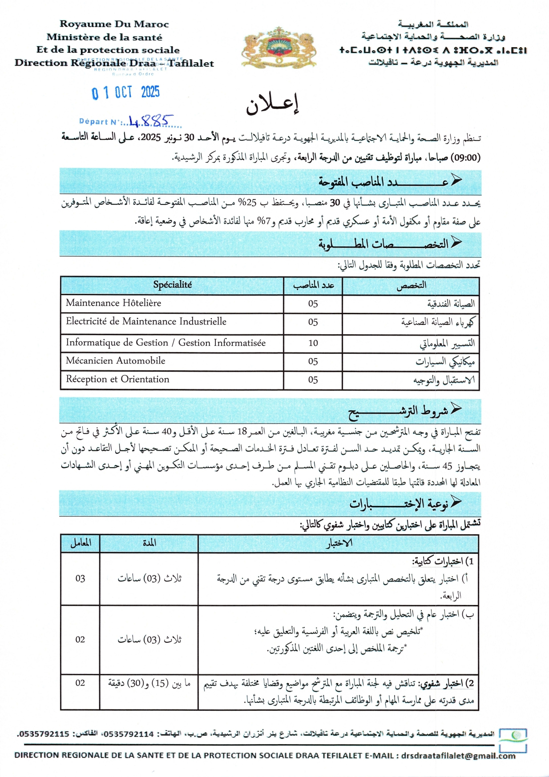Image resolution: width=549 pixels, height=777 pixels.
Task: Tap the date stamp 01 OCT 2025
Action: (125, 93)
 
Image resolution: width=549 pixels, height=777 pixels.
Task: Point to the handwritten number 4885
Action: (150, 121)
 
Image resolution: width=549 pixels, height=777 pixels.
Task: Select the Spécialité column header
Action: (172, 285)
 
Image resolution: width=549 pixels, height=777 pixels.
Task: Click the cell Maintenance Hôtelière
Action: (113, 303)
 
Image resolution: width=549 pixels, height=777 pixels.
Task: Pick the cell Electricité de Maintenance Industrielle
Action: (146, 321)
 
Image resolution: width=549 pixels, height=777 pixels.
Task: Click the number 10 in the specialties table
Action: (313, 343)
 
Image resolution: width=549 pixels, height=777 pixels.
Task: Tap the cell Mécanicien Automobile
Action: (116, 361)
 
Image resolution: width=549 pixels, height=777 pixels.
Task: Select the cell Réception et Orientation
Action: (117, 379)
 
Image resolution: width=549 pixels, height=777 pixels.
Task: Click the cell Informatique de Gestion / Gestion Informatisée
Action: (166, 343)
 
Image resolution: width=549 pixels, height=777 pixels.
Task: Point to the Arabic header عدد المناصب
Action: (313, 285)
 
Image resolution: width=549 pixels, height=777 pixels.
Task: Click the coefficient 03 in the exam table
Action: (80, 578)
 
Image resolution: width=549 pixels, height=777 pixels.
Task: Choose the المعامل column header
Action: (81, 543)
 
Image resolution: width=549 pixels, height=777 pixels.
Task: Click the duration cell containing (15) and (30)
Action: (149, 683)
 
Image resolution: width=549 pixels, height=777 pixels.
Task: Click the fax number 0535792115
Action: (43, 734)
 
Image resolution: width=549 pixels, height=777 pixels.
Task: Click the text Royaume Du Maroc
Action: (114, 24)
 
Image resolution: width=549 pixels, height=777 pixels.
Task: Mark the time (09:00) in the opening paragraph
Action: (466, 157)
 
